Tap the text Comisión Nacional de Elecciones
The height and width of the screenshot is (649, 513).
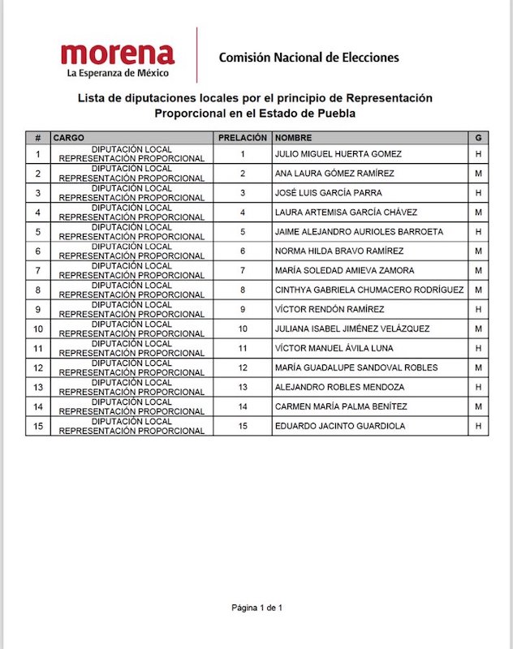coord(309,58)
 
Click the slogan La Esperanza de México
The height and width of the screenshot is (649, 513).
coord(118,74)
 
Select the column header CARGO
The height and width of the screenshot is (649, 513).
coord(69,138)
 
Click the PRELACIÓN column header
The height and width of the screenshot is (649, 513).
coord(243,138)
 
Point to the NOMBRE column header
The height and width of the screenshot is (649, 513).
coord(293,138)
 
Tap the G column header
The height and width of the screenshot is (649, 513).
coord(478,138)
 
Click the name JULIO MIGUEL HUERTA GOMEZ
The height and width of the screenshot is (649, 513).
coord(338,154)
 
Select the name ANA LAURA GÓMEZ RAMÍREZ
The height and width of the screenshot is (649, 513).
coord(334,174)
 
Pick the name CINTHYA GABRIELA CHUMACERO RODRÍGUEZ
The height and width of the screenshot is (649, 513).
coord(369,290)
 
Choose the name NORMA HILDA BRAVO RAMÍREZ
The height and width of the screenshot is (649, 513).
coord(338,251)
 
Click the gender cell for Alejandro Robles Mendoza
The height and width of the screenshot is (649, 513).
coord(478,387)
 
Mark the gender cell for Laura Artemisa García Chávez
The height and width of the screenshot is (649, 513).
coord(478,213)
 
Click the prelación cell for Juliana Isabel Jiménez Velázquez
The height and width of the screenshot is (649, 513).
coord(243,329)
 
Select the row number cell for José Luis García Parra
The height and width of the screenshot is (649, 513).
coord(38,193)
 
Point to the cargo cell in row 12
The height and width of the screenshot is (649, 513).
coord(131,367)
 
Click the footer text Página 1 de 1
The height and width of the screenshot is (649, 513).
coord(256,608)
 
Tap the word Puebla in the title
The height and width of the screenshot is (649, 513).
coord(336,114)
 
